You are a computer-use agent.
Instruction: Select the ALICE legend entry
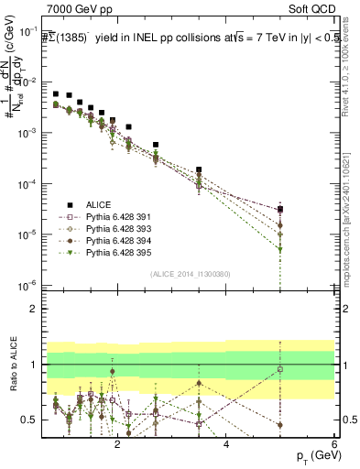click(83, 204)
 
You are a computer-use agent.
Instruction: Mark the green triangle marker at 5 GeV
click(280, 249)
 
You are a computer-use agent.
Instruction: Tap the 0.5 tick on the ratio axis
click(33, 420)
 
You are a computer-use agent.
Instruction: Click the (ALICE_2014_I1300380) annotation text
click(190, 273)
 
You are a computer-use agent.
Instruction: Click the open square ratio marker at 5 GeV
click(280, 369)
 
